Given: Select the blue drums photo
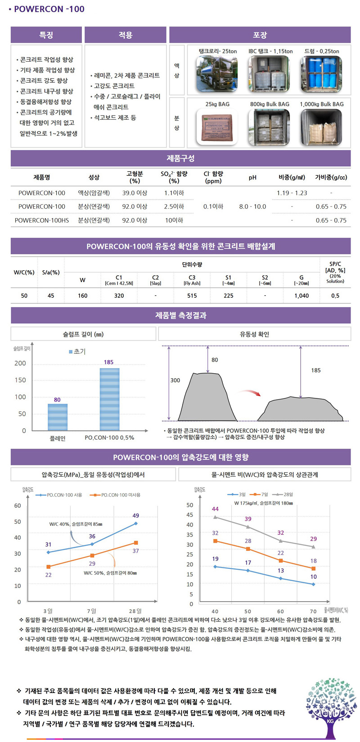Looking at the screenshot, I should point(322,74).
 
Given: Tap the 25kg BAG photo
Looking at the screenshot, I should point(217,127).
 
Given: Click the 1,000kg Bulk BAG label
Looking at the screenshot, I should point(322,104).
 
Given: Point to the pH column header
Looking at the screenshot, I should point(252,178).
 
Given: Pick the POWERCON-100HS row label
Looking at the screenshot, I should point(42,220).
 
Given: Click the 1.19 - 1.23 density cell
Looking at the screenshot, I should point(292,193).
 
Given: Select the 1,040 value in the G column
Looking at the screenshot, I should point(301,295).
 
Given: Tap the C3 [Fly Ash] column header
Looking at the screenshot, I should point(192,280).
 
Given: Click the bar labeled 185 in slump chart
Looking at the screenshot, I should point(109,399).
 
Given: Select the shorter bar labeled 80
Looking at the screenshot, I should point(58,417).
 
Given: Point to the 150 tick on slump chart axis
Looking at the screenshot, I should point(20,380).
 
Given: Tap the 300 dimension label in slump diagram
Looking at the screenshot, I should point(175,380).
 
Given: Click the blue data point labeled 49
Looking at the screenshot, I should point(135,523).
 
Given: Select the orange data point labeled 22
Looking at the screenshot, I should point(49,567).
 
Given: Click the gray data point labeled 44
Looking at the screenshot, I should point(215,517).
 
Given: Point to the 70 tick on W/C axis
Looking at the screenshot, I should point(313,612).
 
